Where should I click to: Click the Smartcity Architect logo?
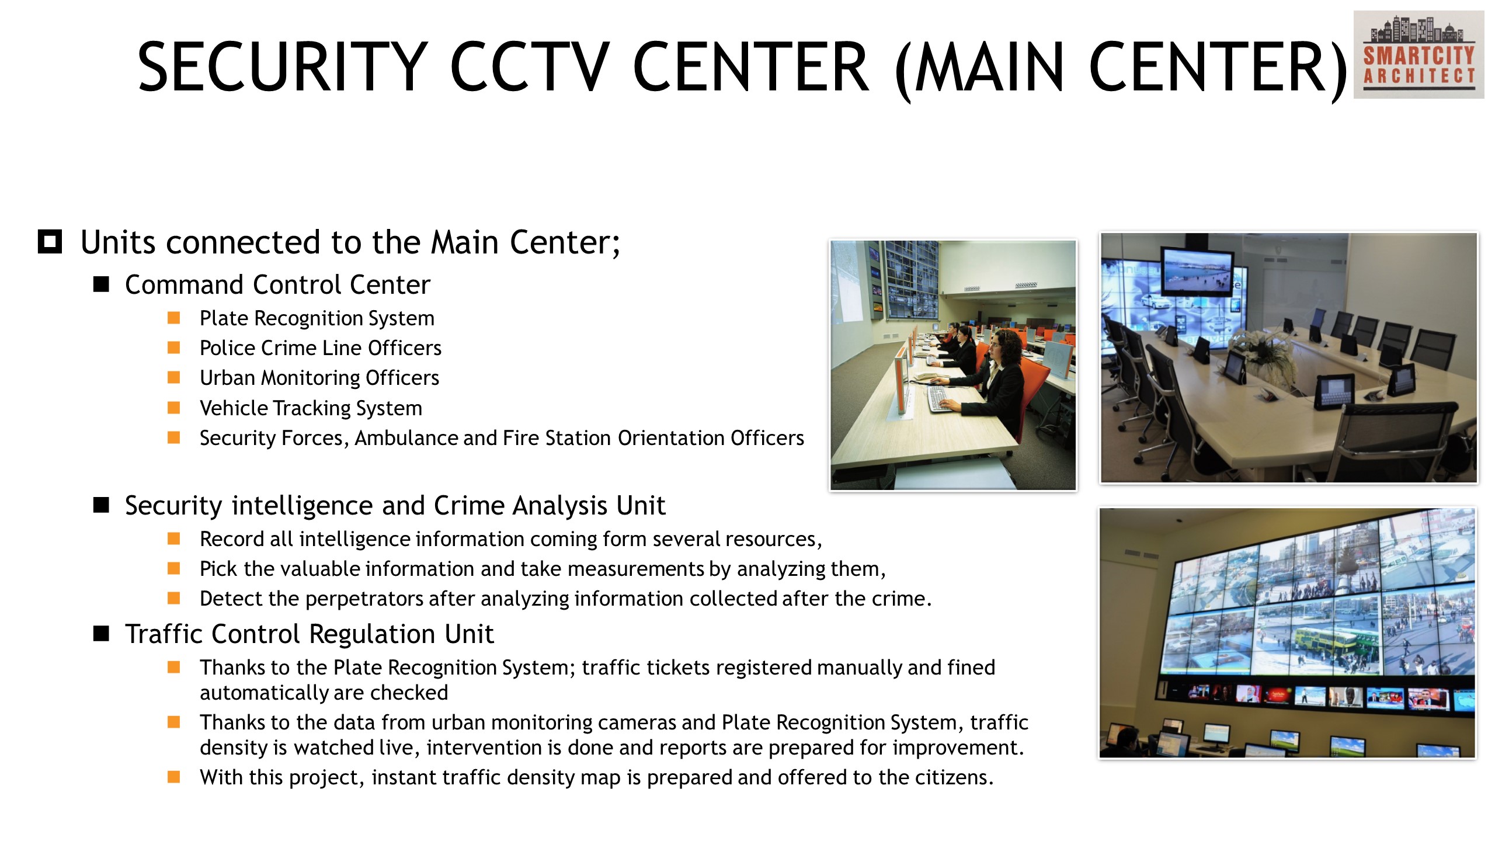tap(1418, 54)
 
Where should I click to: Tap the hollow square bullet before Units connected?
tap(50, 241)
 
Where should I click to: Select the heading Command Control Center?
tap(277, 285)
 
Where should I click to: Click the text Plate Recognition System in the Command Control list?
tap(317, 318)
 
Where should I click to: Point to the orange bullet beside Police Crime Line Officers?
tap(173, 347)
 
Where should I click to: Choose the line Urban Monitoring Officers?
tap(319, 378)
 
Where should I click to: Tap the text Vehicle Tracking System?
tap(311, 408)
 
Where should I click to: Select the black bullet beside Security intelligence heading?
tap(101, 505)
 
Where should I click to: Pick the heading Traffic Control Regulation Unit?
tap(310, 634)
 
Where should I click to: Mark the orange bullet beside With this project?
tap(173, 777)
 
